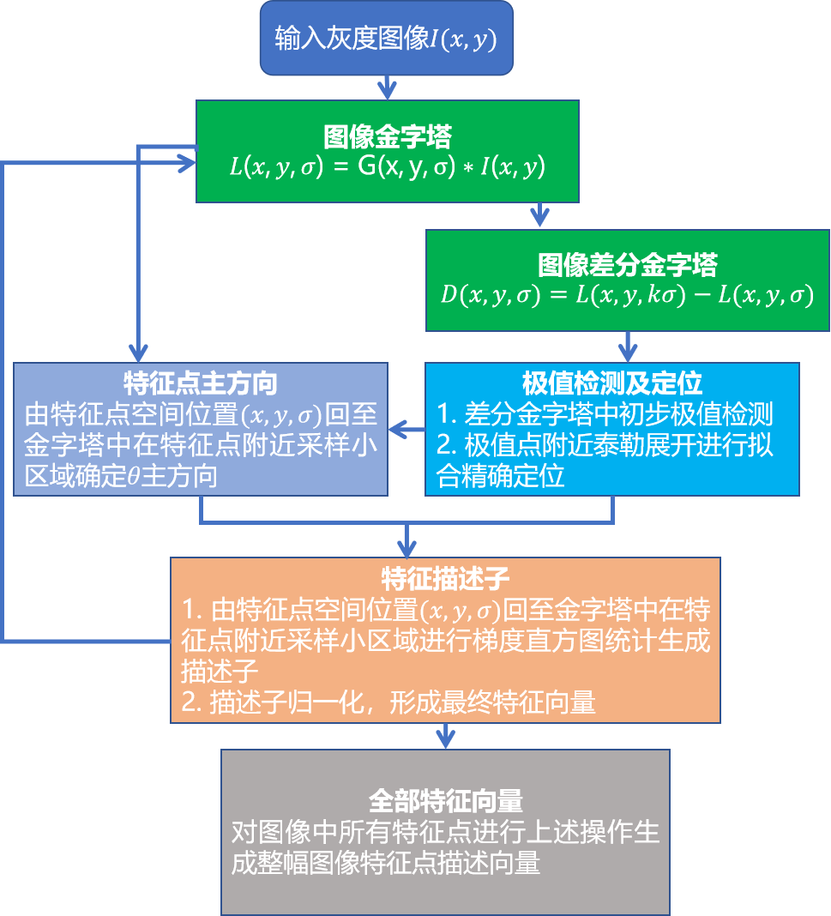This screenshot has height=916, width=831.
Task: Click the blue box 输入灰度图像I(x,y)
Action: (x=387, y=39)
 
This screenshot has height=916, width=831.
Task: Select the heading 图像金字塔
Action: (x=388, y=136)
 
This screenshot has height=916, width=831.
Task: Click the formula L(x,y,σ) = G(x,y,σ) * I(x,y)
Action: (x=388, y=166)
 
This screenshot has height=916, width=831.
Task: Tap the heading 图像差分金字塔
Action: (x=627, y=264)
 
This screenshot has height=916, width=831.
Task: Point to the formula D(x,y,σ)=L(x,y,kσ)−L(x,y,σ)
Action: (x=627, y=294)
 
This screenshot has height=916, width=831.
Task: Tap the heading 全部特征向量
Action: (x=445, y=801)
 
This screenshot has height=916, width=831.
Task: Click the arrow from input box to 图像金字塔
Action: (x=388, y=86)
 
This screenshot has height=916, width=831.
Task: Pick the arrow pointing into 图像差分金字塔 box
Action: (x=539, y=215)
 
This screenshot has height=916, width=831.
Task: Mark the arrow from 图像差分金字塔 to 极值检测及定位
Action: (x=628, y=347)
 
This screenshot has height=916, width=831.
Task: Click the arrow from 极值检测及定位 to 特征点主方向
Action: (x=406, y=428)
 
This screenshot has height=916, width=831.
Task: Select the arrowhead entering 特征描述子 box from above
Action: (x=407, y=545)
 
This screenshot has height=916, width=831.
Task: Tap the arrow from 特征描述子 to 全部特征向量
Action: (x=445, y=735)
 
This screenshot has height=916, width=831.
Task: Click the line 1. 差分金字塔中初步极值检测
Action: (x=605, y=415)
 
